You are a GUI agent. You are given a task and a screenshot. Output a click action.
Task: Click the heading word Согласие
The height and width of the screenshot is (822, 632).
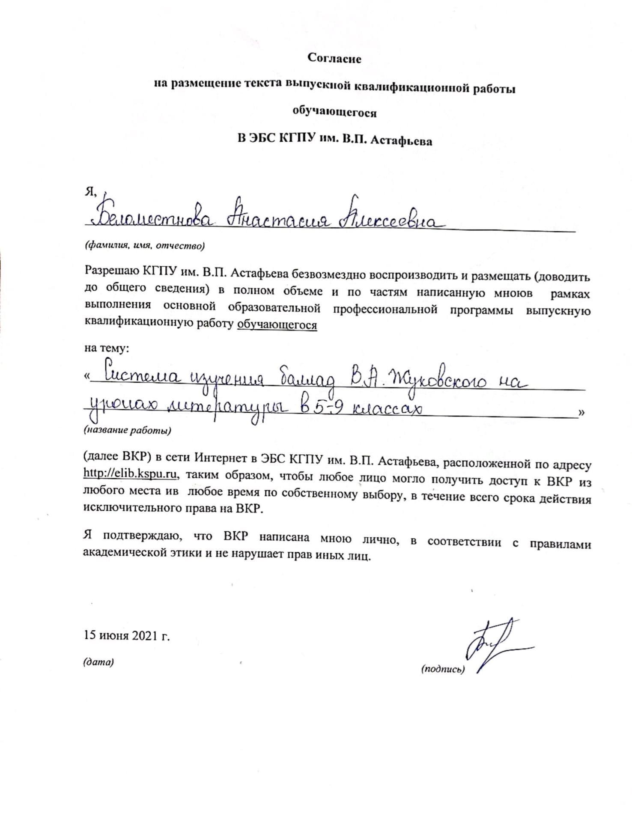click(334, 59)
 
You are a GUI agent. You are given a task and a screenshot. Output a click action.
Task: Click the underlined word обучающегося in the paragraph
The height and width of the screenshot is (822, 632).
click(277, 325)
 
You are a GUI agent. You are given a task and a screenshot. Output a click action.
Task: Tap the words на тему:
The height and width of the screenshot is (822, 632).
click(107, 348)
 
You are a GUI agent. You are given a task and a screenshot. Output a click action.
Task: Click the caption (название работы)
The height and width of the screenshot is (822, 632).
click(127, 430)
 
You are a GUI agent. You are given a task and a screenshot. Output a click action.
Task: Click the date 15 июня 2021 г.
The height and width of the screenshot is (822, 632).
click(127, 635)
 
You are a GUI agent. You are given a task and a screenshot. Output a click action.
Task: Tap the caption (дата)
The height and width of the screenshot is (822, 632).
click(98, 662)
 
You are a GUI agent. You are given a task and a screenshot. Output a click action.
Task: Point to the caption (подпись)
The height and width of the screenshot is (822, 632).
click(443, 669)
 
